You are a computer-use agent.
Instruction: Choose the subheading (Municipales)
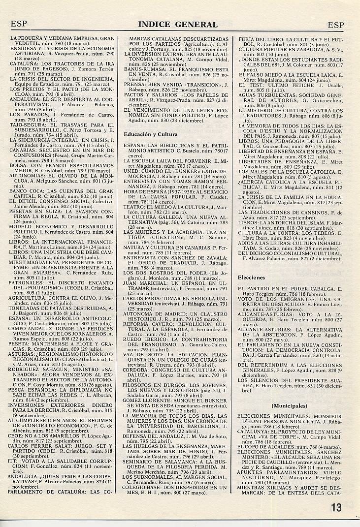point(289,405)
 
